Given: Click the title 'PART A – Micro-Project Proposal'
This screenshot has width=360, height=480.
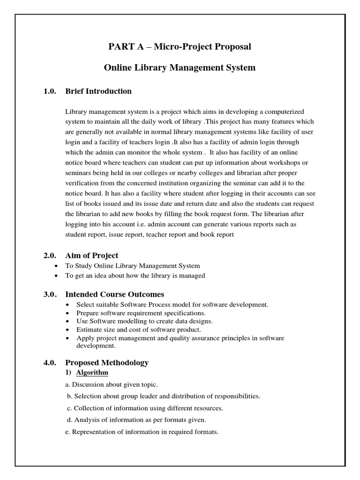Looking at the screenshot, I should coord(180,46).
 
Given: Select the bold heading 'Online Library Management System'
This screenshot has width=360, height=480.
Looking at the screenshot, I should coord(180,67).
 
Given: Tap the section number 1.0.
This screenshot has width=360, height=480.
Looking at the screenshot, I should coord(50,91).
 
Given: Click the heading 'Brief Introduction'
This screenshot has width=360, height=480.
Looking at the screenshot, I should coord(98,91).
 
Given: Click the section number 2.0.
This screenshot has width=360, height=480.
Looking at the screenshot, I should coord(50,255).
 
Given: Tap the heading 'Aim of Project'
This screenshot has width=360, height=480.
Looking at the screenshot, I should coord(92,255).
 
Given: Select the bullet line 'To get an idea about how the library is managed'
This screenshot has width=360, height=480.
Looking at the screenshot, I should coord(135,276).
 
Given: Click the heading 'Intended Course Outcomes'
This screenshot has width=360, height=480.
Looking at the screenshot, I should coord(115,294).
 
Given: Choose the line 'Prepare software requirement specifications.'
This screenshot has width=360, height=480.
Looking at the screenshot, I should coord(141,313).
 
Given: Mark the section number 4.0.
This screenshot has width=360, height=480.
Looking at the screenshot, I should coord(50,362).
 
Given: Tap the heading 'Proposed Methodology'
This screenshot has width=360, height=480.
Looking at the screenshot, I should coord(107,362).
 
